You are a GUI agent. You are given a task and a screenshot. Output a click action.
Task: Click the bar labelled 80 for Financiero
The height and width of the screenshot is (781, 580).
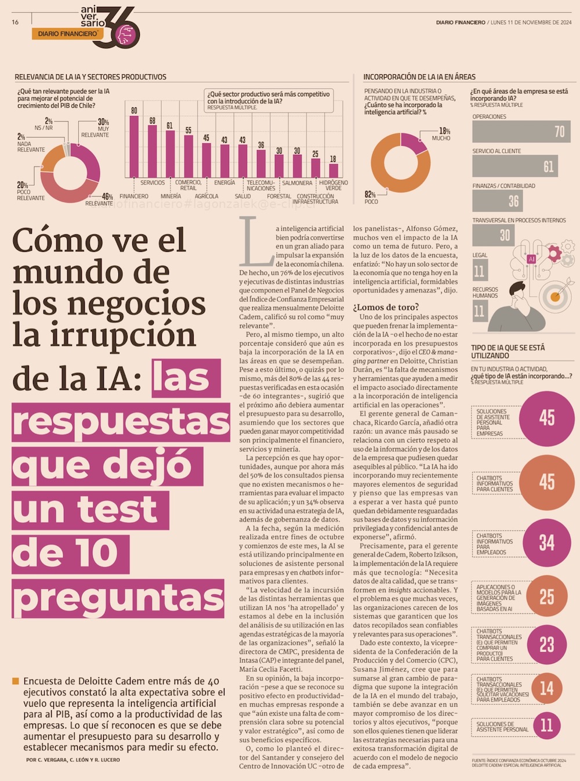click(x=134, y=146)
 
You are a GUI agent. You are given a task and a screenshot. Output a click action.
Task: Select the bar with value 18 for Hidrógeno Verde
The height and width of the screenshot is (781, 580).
click(x=333, y=171)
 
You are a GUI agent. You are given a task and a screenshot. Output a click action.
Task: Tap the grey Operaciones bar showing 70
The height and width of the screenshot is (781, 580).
click(x=521, y=132)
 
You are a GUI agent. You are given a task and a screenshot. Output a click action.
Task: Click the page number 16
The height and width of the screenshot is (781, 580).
click(x=15, y=22)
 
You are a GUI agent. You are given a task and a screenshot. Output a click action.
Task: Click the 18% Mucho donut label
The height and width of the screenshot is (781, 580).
click(x=444, y=134)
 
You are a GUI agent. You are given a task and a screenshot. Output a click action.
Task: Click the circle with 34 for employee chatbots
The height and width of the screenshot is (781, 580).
click(x=546, y=543)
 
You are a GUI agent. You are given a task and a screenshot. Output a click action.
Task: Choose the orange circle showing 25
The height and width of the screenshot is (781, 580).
click(x=546, y=596)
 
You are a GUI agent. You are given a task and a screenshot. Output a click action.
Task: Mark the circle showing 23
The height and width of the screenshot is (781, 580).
click(x=546, y=645)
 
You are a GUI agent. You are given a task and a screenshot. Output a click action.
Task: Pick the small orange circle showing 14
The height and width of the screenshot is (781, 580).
click(x=546, y=689)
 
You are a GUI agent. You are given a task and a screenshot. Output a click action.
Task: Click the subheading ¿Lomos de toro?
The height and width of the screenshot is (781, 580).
click(x=386, y=307)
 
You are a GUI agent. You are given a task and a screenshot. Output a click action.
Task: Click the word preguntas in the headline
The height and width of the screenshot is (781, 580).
click(x=118, y=598)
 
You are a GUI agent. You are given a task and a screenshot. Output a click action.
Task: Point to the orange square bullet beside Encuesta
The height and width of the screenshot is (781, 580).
click(x=16, y=681)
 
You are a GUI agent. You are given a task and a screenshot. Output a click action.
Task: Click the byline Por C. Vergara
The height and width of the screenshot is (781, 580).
click(x=73, y=760)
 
